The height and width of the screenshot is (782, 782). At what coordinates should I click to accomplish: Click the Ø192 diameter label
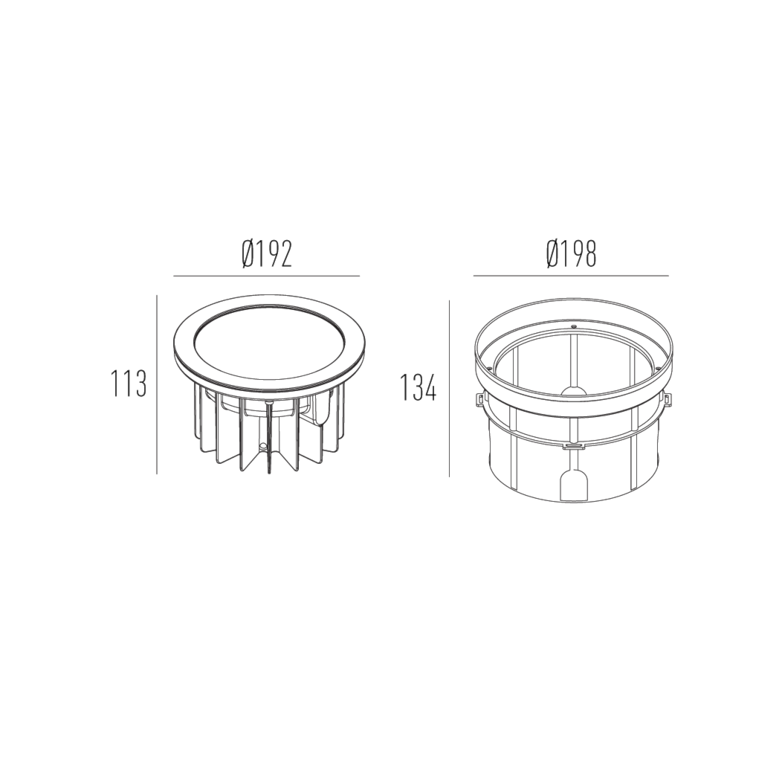(267, 254)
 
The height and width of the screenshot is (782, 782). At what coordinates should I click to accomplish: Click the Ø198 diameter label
(571, 254)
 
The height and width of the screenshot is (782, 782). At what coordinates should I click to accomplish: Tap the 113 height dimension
(129, 384)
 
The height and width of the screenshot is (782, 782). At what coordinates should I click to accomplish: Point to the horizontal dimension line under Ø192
(267, 276)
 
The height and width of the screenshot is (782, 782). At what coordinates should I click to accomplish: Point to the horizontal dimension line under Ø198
(571, 276)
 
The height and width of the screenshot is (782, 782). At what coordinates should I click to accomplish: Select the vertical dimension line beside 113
(157, 384)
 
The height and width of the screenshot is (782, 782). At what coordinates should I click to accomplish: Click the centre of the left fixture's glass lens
(269, 343)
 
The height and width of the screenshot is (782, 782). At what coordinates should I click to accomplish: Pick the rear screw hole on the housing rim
(574, 326)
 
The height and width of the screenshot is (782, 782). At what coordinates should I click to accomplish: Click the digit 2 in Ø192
(285, 254)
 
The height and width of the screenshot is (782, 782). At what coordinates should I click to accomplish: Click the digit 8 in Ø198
(589, 254)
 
